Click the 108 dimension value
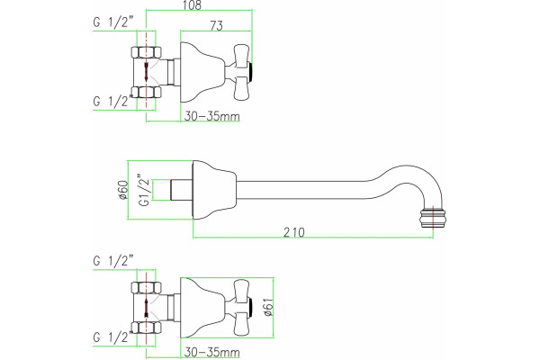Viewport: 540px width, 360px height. coord(193,5)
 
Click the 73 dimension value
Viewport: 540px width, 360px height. coord(216,25)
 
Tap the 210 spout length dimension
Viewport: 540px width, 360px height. coord(293,232)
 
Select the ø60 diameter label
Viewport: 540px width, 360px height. coord(123,190)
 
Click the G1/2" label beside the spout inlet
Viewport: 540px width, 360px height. coord(145,190)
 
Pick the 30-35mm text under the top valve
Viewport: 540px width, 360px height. coord(211,116)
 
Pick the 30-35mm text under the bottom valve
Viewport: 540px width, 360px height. coord(211,352)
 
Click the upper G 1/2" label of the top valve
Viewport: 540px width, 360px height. coord(113,22)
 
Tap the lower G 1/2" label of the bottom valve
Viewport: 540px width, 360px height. coord(113,337)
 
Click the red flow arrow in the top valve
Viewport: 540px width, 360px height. coord(147,72)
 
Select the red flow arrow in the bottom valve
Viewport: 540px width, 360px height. coord(147,308)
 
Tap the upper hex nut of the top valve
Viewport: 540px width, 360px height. coord(147,52)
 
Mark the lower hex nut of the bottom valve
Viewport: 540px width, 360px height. coord(147,328)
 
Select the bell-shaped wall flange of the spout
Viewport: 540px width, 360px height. coord(214,190)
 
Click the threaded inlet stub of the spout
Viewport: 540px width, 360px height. coord(181,190)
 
